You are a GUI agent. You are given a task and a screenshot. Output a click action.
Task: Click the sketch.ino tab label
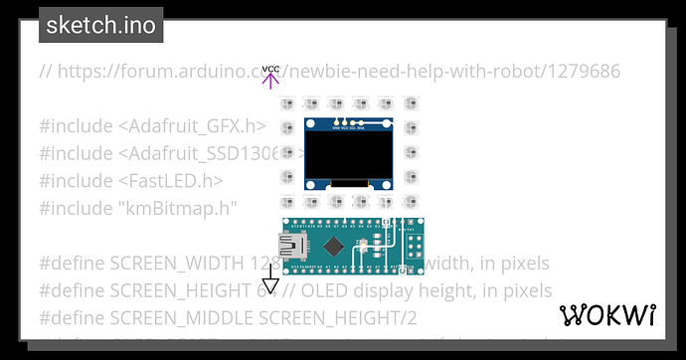pyautogui.click(x=100, y=25)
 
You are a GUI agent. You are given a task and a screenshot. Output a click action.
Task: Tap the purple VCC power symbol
pyautogui.click(x=271, y=77)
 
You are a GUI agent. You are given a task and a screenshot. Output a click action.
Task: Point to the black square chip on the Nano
pyautogui.click(x=336, y=246)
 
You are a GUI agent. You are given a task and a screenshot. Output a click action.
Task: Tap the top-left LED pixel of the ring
pyautogui.click(x=287, y=103)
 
